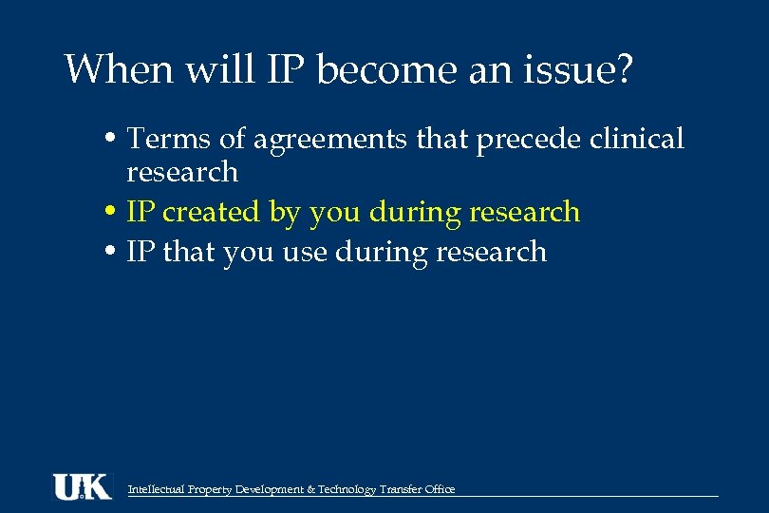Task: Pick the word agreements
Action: [x=327, y=141]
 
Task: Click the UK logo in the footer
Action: [x=82, y=486]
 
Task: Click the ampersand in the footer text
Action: [x=311, y=490]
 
